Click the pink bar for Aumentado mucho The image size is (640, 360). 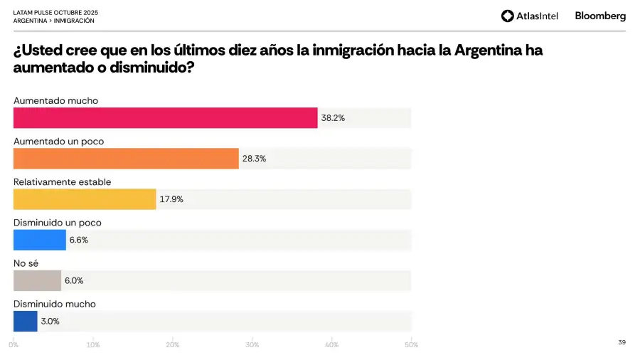pyautogui.click(x=165, y=118)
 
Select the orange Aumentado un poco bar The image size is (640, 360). pyautogui.click(x=126, y=159)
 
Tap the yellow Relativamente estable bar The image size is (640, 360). pyautogui.click(x=85, y=199)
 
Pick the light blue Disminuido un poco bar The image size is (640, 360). pyautogui.click(x=40, y=240)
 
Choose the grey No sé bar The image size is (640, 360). pyautogui.click(x=37, y=280)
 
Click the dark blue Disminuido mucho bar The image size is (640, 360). pyautogui.click(x=26, y=321)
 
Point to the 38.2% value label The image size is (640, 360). pyautogui.click(x=333, y=118)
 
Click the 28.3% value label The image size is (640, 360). pyautogui.click(x=254, y=159)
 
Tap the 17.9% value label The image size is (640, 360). pyautogui.click(x=171, y=199)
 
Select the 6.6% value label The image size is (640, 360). pyautogui.click(x=78, y=240)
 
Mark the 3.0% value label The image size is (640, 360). pyautogui.click(x=50, y=321)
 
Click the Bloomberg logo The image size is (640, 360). pyautogui.click(x=600, y=16)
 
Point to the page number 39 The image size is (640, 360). pyautogui.click(x=622, y=342)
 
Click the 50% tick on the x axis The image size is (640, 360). pyautogui.click(x=410, y=345)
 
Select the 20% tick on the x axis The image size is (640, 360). pyautogui.click(x=172, y=345)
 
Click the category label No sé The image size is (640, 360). pyautogui.click(x=26, y=263)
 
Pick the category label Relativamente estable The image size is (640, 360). pyautogui.click(x=63, y=182)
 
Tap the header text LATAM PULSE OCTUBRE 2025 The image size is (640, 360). pyautogui.click(x=55, y=13)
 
